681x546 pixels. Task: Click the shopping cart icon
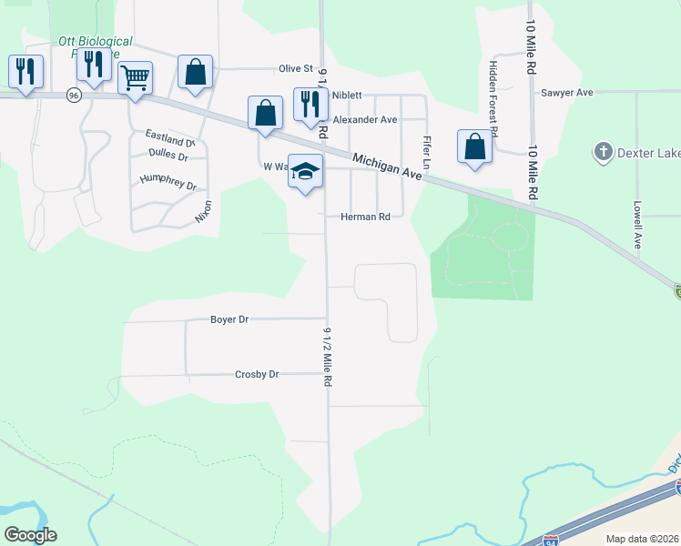135,77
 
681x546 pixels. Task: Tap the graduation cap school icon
306,171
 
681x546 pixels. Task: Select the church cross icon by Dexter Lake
602,151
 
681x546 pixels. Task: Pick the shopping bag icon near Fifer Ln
474,147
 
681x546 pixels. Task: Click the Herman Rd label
365,217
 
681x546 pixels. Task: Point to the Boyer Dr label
229,319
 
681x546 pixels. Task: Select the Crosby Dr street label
257,374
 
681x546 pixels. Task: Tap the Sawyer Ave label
566,93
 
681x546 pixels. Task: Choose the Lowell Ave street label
639,225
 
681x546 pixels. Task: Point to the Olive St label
295,68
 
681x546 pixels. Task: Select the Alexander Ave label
365,119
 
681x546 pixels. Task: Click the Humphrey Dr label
168,180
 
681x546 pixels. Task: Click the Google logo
30,534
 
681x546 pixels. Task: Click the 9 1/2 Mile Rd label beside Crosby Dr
327,357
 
